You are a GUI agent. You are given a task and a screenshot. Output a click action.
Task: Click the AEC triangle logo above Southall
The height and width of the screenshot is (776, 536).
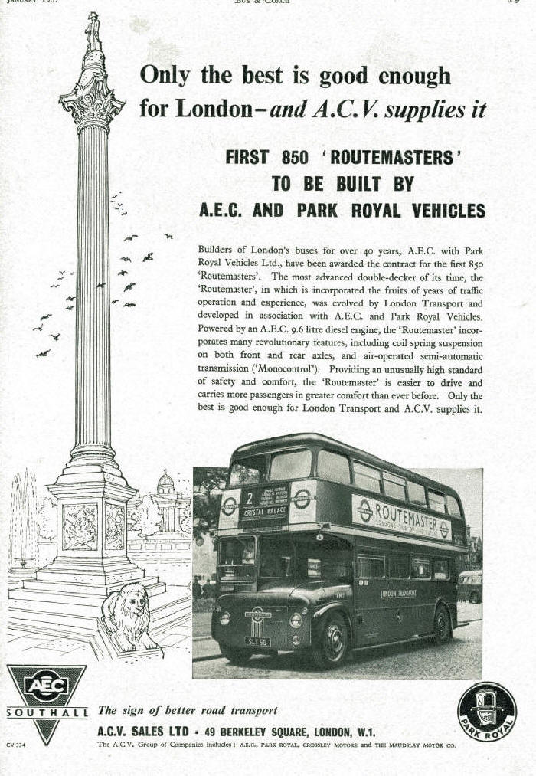(x=47, y=686)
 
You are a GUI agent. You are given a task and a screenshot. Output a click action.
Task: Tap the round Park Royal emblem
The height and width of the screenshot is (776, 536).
(x=487, y=711)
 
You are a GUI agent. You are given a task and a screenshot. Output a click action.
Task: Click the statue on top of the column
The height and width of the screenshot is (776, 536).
(x=93, y=31)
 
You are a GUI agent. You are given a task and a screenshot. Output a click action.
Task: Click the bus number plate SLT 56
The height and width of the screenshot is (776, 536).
(x=257, y=642)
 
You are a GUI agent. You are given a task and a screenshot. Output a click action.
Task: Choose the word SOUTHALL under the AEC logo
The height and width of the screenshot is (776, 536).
(x=47, y=712)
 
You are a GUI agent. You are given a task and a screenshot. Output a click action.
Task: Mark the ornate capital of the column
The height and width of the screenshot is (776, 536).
(x=93, y=103)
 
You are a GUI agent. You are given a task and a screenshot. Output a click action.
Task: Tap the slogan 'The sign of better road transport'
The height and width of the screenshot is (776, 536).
(x=188, y=710)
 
